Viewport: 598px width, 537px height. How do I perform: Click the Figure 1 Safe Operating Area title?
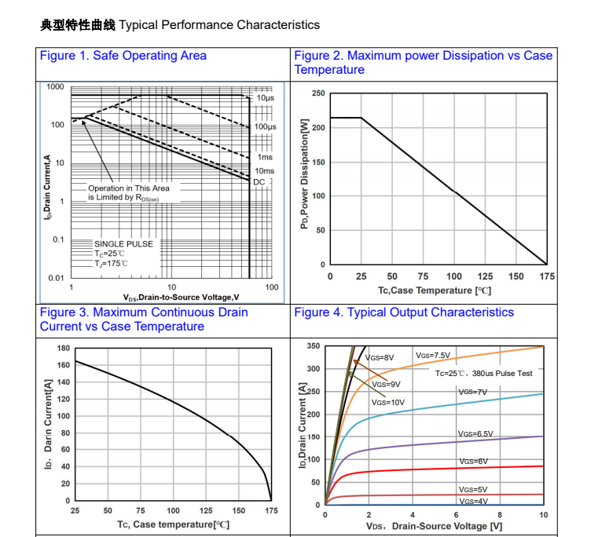pyautogui.click(x=123, y=56)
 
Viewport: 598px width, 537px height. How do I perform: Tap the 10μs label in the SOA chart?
pyautogui.click(x=265, y=98)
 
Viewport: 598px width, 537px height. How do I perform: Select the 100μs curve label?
pyautogui.click(x=265, y=126)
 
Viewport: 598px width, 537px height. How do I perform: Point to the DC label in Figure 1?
pyautogui.click(x=259, y=181)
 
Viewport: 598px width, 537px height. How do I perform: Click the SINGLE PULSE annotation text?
pyautogui.click(x=123, y=244)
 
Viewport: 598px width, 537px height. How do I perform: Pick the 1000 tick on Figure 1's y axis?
pyautogui.click(x=55, y=86)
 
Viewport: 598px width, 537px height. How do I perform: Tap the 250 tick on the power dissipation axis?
pyautogui.click(x=317, y=93)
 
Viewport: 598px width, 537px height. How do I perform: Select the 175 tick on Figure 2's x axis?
pyautogui.click(x=547, y=276)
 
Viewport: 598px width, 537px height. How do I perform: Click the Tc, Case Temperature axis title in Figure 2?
pyautogui.click(x=435, y=290)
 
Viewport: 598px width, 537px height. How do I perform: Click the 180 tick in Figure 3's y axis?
pyautogui.click(x=64, y=348)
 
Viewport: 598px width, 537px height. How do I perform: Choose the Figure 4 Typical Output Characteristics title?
pyautogui.click(x=404, y=312)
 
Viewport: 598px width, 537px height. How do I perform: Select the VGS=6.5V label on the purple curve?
pyautogui.click(x=475, y=433)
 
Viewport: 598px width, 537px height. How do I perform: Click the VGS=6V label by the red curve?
pyautogui.click(x=473, y=462)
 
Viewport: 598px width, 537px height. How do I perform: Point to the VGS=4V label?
pyautogui.click(x=473, y=501)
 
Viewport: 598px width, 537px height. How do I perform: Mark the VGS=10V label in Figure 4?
pyautogui.click(x=388, y=402)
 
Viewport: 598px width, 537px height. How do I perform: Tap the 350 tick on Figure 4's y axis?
pyautogui.click(x=314, y=346)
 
